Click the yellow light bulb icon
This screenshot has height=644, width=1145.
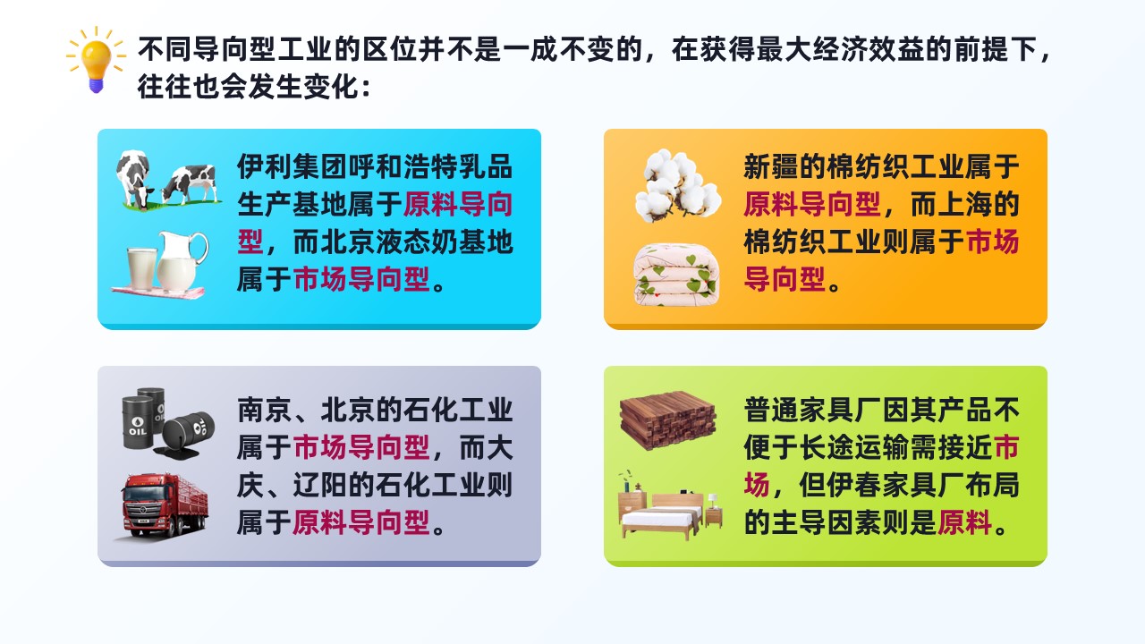point(96,60)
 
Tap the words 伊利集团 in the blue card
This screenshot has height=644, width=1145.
point(292,166)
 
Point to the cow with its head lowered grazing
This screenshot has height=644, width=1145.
point(134,179)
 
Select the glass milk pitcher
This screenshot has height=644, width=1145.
point(181,260)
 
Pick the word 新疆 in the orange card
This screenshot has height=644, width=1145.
point(770,166)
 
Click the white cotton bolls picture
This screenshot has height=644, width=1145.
point(677,185)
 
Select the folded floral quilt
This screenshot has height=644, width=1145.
point(676,275)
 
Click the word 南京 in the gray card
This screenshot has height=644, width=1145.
point(264,410)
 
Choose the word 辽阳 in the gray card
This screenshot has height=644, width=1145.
point(319,485)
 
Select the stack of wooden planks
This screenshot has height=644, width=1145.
point(667,420)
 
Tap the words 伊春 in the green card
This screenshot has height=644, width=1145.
point(853,485)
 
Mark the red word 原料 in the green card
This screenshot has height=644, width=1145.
point(964,522)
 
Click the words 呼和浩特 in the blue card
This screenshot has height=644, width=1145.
point(402,166)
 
